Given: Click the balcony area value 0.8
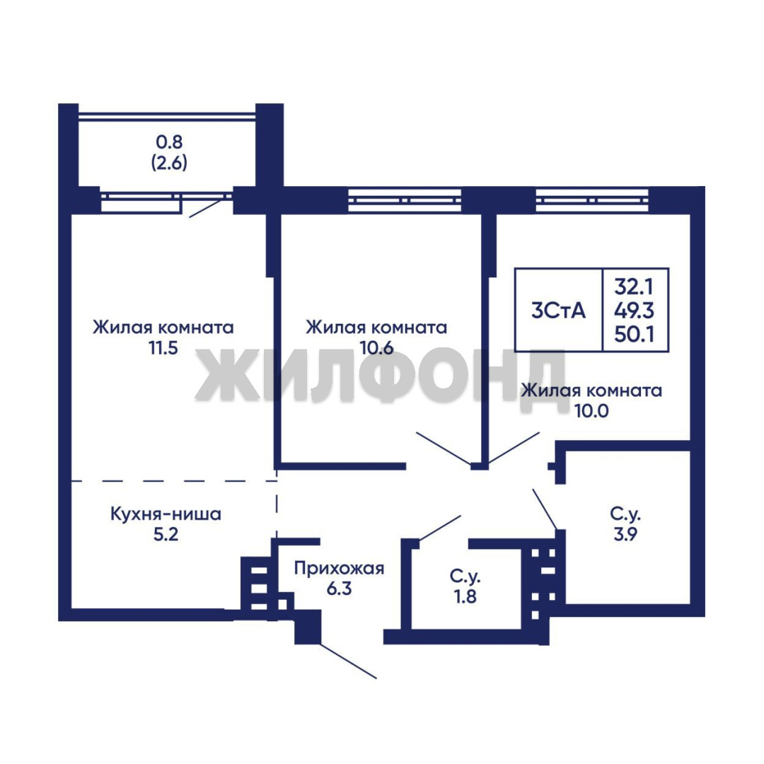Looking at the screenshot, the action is coord(169,141).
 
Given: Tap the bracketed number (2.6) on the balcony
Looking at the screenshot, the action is coord(169,162).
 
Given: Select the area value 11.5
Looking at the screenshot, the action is coord(163,348).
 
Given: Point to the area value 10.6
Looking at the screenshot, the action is coord(376,348).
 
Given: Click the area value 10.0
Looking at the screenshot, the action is coord(591,411).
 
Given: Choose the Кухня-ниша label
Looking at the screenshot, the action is coord(166,514).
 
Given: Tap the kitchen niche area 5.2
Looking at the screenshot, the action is coord(166,535).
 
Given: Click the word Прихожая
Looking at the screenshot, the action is coord(339,569).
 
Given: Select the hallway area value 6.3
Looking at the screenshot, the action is coord(339,589).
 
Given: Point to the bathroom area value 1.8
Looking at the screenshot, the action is coord(465,596).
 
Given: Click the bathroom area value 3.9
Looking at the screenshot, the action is coord(625,535).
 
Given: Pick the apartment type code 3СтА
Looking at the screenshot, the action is coord(558,311).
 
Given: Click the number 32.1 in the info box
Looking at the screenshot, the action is coord(633,287).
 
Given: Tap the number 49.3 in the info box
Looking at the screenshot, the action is coord(633,311).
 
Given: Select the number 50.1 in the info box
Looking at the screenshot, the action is coord(633,334).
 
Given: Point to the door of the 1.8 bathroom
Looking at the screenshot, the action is coord(440,528).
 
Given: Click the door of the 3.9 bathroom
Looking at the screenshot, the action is coord(545,509).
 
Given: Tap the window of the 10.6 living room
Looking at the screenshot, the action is coord(405,199).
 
